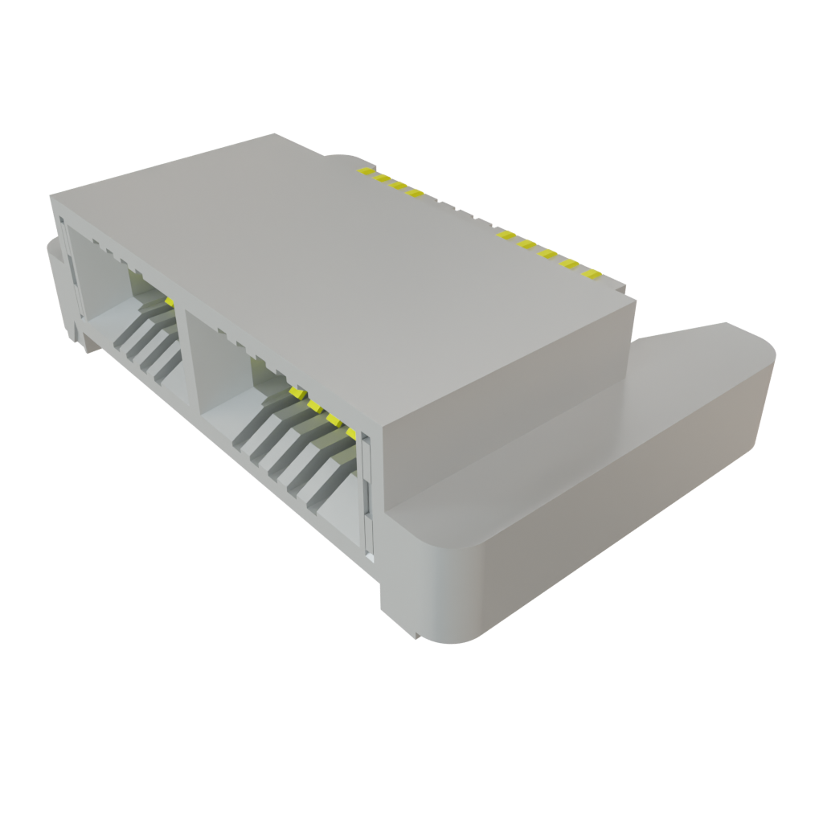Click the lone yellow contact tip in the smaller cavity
tap(170, 301)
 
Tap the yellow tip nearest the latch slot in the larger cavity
tap(351, 432)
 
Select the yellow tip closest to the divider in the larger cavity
tap(297, 391)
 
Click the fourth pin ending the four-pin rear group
tap(415, 193)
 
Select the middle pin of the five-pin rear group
tap(548, 254)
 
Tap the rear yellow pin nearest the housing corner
tap(592, 274)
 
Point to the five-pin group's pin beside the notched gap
tap(506, 235)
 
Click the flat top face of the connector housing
tap(338, 265)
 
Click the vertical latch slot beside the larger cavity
tap(367, 498)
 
